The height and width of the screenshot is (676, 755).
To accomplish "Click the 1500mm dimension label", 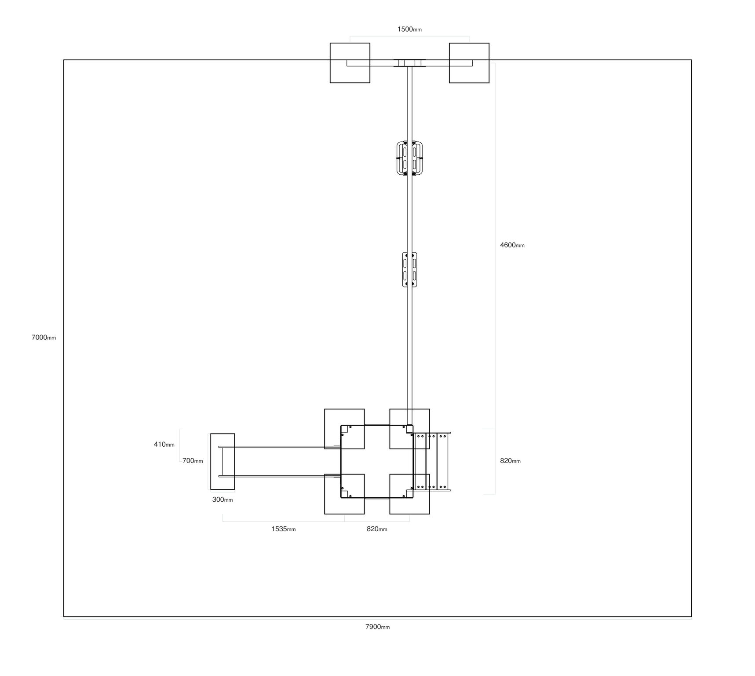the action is (x=409, y=29).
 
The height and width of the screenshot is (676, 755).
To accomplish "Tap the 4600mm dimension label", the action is (x=512, y=245).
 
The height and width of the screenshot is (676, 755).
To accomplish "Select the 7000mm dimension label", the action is (x=44, y=338).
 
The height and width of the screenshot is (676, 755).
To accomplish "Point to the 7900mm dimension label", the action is (x=377, y=627).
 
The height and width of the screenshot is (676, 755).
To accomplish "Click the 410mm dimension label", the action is (x=164, y=445).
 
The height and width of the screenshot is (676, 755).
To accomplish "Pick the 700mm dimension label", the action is (x=193, y=461).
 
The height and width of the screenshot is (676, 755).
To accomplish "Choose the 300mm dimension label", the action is (x=222, y=500).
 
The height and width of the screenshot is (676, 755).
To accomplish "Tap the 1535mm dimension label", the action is (x=284, y=529).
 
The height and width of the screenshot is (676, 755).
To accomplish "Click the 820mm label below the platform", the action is (x=377, y=529).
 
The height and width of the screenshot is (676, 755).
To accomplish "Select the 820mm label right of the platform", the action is (x=510, y=461).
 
